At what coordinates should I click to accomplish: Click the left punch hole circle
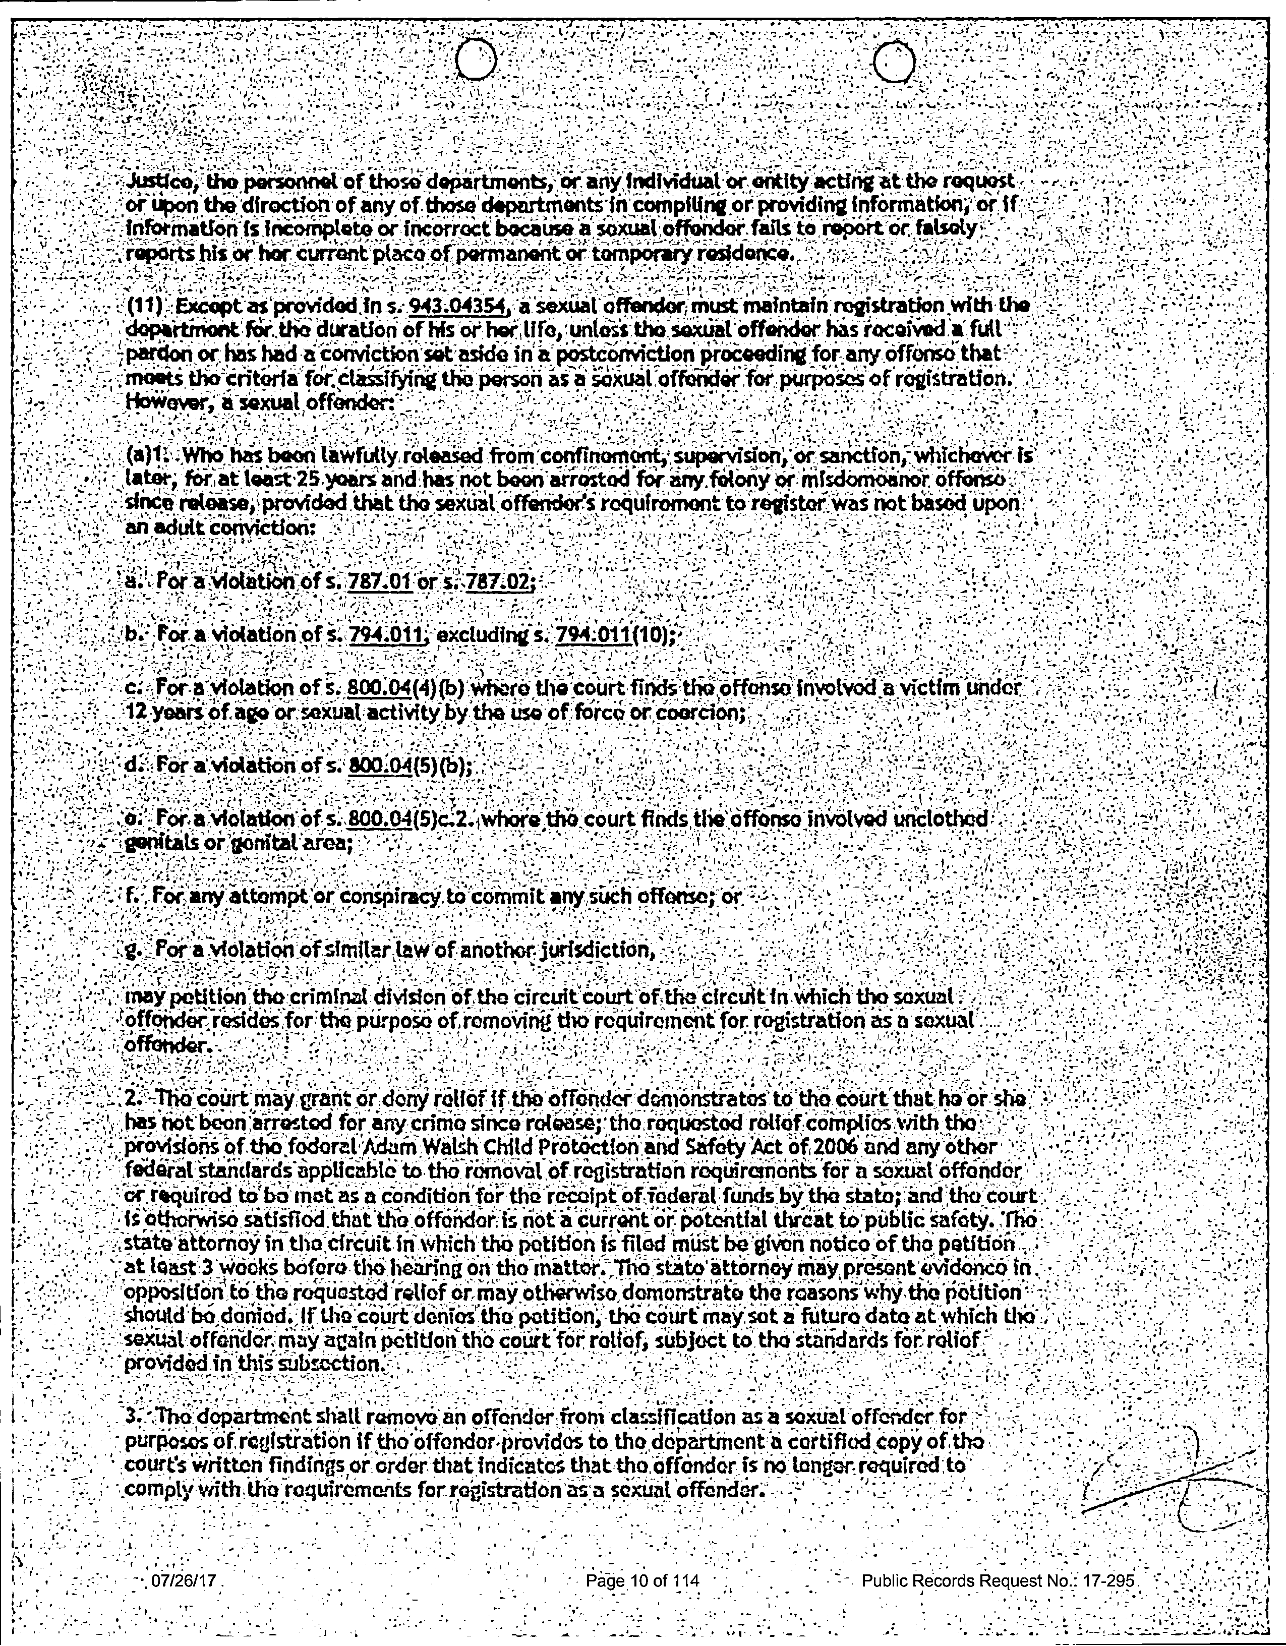pyautogui.click(x=475, y=59)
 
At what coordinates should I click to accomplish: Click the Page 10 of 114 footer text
pyautogui.click(x=642, y=1580)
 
